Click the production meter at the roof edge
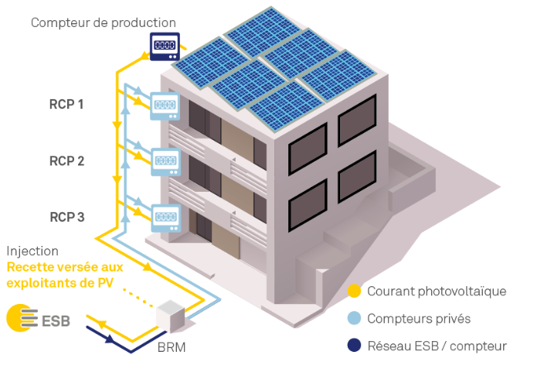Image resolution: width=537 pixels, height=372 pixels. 165,46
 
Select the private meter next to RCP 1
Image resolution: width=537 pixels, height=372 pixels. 165,106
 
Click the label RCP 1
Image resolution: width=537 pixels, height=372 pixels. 66,104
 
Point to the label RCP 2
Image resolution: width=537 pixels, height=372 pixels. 66,161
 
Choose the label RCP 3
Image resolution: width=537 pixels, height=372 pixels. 66,217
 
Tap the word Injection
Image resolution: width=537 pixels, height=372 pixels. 32,251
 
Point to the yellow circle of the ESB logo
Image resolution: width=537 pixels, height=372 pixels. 17,318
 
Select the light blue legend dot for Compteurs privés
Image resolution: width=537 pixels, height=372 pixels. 354,318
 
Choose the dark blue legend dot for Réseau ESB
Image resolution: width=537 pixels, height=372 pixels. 354,345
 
